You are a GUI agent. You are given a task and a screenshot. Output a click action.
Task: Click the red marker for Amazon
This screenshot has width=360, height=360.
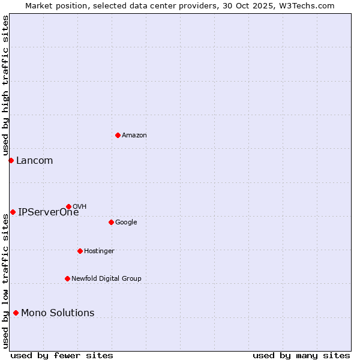pos(118,135)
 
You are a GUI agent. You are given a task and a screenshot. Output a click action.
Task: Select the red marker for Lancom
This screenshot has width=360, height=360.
pos(11,160)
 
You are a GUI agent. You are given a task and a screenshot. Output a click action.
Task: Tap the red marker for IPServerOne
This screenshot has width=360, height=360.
pos(13,212)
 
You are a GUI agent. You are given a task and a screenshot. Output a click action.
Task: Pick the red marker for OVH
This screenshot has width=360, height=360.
pos(68,206)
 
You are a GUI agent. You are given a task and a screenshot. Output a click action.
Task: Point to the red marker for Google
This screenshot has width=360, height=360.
pos(111,222)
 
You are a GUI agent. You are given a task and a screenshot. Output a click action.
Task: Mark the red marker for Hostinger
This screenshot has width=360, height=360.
pos(80,251)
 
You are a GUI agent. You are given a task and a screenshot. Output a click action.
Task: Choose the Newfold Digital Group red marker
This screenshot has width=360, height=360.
pos(67,278)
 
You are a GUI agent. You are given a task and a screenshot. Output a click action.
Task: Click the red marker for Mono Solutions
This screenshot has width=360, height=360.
pos(16,313)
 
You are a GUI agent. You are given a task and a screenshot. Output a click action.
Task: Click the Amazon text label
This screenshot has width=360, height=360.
pos(134,136)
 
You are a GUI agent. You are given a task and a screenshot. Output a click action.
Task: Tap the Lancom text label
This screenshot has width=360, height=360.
pos(34,161)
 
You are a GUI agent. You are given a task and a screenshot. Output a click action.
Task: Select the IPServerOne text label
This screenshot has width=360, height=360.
pos(48,212)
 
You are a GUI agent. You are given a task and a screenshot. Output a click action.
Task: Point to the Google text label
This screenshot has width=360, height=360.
pos(126,223)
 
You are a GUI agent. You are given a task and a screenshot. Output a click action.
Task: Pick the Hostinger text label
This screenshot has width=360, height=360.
pos(99,251)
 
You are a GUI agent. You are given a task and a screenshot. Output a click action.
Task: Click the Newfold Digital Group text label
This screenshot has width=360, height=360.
pos(106,279)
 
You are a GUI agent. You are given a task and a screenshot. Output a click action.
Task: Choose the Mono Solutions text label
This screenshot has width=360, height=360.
pos(58,313)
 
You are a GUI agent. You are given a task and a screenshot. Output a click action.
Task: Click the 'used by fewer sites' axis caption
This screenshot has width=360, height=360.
pos(62,355)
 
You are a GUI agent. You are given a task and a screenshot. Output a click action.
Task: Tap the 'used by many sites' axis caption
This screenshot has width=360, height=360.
pos(301,355)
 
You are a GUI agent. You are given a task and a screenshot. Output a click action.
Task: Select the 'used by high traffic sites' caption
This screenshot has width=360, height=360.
pos(5,86)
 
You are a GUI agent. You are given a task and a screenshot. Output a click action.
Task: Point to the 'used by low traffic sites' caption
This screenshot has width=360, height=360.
pos(5,280)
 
